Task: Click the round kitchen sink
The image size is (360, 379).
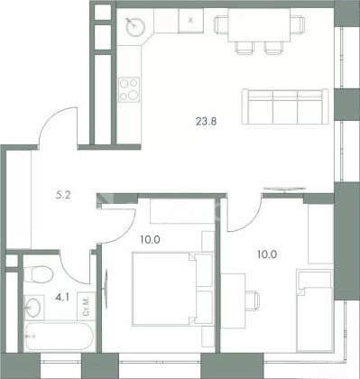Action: [135, 26]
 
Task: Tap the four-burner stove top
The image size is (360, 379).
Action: [129, 89]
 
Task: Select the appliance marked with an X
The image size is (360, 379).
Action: [190, 21]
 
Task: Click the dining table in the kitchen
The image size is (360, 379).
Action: [259, 24]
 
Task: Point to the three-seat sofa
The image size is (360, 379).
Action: [285, 106]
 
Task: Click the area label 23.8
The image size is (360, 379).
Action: [207, 122]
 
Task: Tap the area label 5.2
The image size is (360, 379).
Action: [63, 195]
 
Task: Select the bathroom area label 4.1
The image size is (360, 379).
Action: [62, 298]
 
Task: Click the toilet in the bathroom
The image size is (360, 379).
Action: [39, 274]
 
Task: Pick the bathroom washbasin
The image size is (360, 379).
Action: [33, 307]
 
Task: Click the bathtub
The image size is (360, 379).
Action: [60, 336]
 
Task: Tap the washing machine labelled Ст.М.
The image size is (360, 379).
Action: [86, 306]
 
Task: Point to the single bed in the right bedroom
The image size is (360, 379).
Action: [314, 310]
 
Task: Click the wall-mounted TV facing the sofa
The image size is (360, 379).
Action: [284, 189]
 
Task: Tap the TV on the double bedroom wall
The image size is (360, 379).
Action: [106, 289]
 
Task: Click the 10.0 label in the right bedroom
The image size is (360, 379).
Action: [267, 254]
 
